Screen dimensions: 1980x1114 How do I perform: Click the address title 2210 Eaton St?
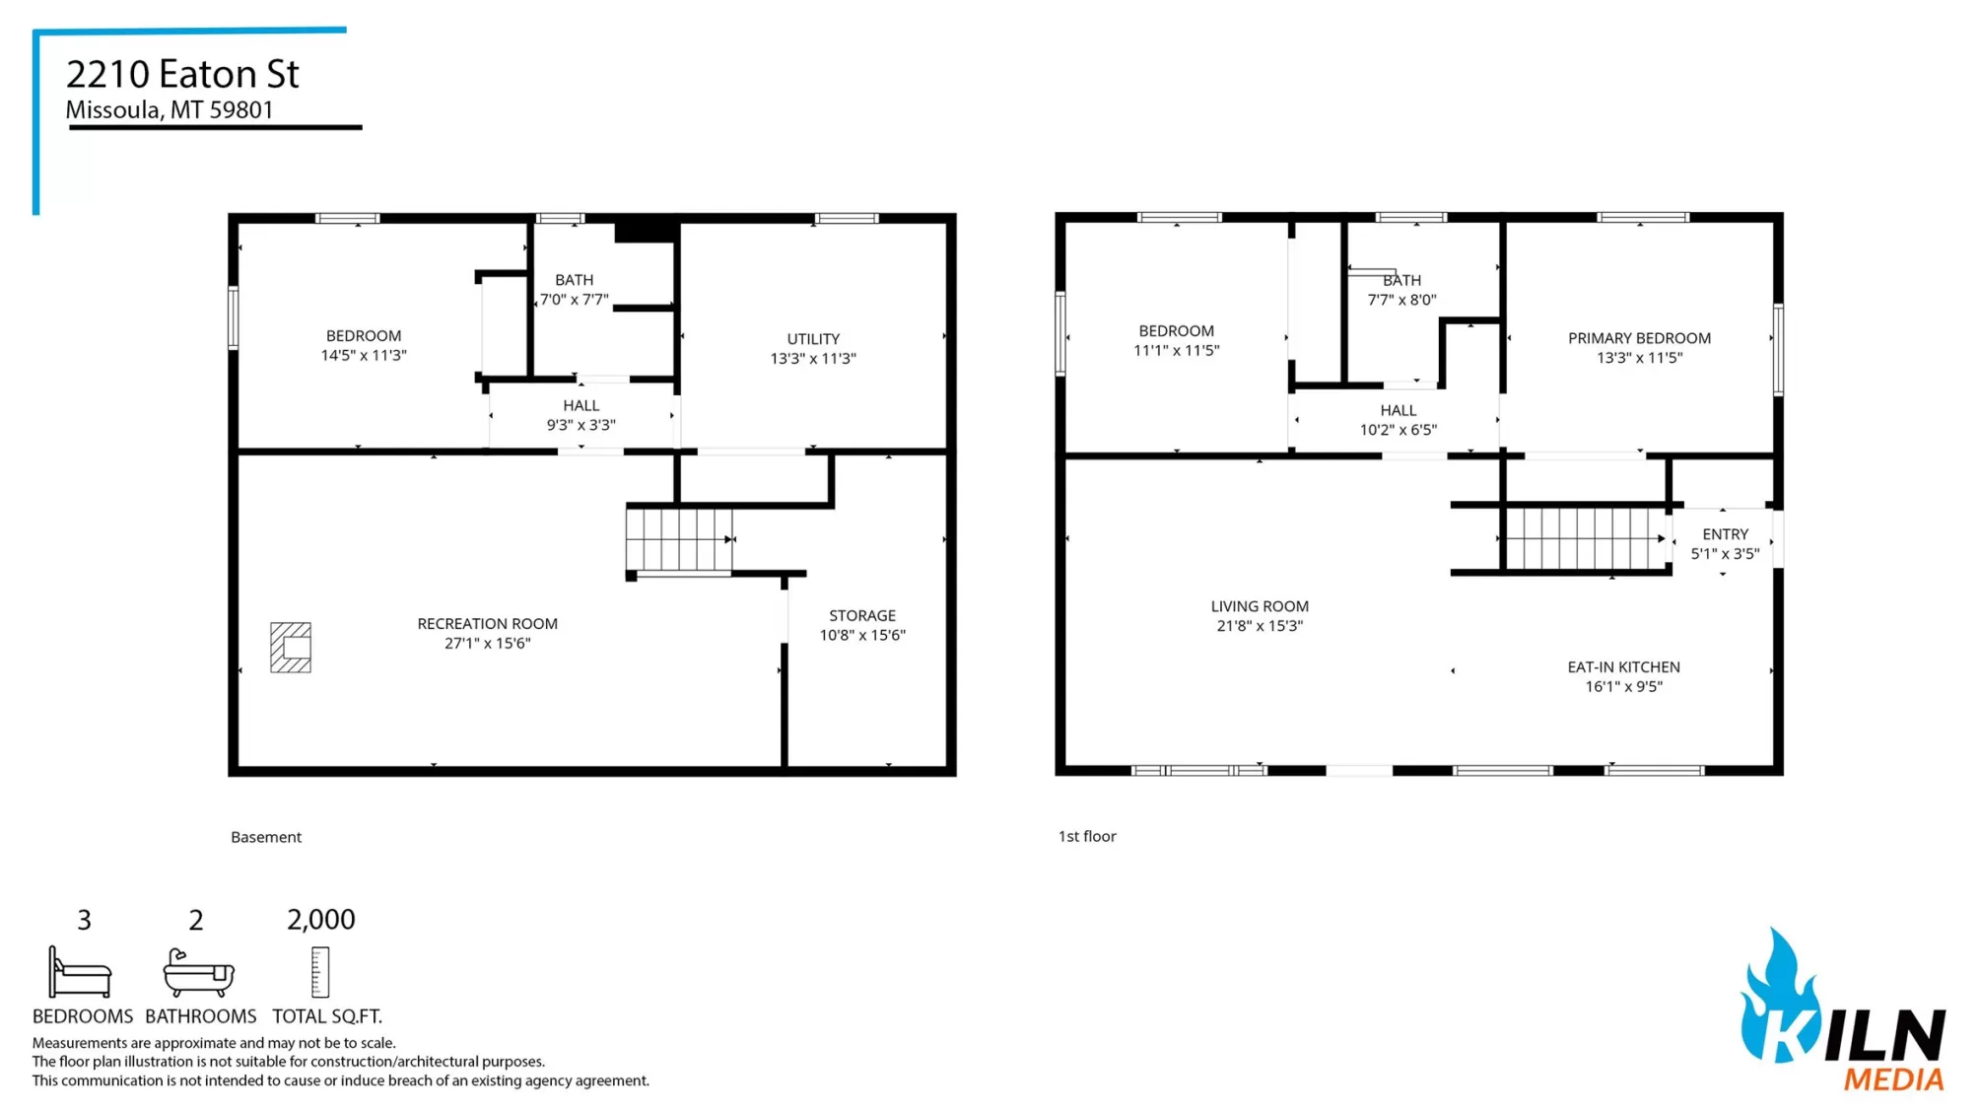(182, 74)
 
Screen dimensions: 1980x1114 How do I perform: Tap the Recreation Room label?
(488, 624)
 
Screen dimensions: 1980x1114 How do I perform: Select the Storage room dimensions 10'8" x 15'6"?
(862, 636)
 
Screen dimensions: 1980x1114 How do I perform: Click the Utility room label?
(813, 339)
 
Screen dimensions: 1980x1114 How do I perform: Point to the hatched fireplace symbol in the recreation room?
(291, 648)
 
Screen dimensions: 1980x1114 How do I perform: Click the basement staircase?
(680, 539)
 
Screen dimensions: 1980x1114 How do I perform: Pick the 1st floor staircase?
(1587, 538)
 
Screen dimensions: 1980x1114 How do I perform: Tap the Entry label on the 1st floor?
(1725, 534)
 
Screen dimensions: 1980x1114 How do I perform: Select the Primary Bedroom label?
(1640, 338)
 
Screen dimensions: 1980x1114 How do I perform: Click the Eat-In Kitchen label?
(1624, 667)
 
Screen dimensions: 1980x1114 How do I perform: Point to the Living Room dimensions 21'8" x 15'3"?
(1260, 626)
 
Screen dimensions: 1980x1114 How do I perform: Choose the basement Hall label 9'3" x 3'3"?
(581, 415)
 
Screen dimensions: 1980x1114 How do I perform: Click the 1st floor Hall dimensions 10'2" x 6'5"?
(1399, 430)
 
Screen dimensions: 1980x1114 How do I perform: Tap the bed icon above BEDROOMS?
(80, 973)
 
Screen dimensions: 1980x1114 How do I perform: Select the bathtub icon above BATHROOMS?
(198, 973)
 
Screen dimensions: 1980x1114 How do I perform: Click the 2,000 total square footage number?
(321, 920)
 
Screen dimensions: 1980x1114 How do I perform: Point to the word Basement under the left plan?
(266, 837)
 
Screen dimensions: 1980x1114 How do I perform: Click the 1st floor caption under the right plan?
(1087, 836)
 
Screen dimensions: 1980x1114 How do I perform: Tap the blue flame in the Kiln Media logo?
(1780, 996)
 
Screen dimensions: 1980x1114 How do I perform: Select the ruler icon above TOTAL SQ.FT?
(319, 973)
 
